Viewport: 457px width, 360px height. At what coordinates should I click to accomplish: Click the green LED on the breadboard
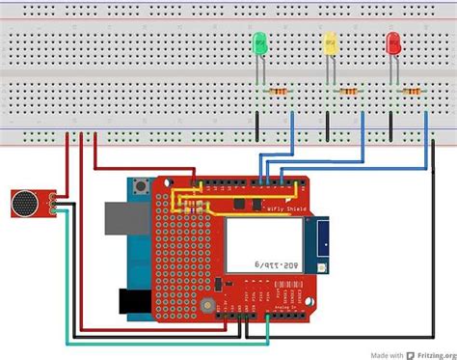[258, 42]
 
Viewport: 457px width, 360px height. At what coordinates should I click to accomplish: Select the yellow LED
[329, 42]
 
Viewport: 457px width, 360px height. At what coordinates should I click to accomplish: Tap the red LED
[392, 42]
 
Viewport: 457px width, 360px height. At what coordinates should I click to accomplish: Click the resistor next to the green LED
[280, 92]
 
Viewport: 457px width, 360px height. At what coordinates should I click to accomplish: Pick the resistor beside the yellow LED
[348, 92]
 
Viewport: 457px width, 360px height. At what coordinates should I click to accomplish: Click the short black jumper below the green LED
[257, 125]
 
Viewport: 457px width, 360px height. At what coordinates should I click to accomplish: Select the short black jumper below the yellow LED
[328, 125]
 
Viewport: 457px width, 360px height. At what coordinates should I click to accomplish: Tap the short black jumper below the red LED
[391, 125]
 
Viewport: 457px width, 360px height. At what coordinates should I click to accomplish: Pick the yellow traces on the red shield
[192, 200]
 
